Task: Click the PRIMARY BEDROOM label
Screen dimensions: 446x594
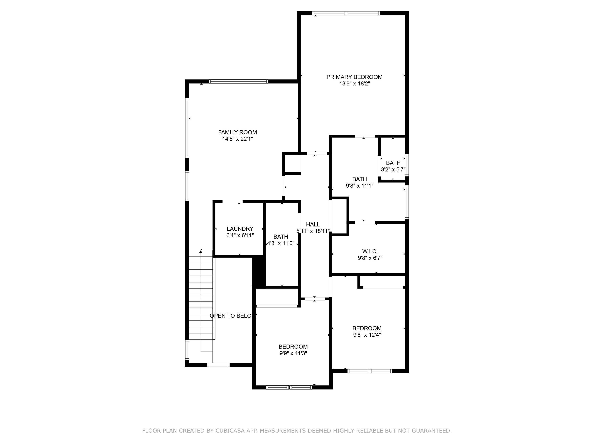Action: point(354,77)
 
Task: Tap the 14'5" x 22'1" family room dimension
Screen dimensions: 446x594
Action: point(237,139)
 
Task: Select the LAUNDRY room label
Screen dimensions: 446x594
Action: point(240,229)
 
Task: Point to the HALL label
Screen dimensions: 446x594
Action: point(313,224)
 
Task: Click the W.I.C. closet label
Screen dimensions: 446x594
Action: point(370,251)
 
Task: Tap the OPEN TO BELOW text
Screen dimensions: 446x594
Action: point(233,316)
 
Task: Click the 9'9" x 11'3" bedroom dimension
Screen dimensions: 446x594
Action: point(293,353)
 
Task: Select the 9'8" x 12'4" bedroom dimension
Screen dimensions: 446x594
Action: point(367,335)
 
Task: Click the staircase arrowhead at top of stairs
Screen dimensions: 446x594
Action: point(201,251)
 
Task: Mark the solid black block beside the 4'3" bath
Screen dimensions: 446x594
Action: point(259,272)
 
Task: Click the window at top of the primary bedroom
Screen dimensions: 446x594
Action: point(346,13)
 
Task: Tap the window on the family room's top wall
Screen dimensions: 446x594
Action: point(238,81)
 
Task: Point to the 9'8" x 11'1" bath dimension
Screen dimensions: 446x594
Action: point(359,186)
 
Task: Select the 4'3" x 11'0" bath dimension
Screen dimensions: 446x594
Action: point(281,243)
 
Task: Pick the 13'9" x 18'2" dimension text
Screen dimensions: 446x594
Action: point(354,84)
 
